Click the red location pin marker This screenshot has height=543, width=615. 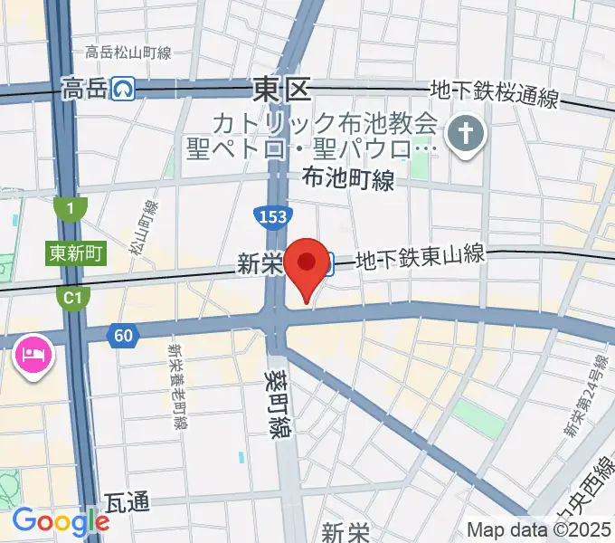click(307, 264)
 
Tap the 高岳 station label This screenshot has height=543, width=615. click(83, 89)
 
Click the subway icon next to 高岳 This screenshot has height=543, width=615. click(124, 89)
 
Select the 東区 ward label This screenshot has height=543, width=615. click(280, 89)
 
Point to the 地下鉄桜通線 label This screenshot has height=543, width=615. click(495, 93)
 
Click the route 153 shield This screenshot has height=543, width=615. click(267, 217)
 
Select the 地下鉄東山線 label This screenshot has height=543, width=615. click(421, 259)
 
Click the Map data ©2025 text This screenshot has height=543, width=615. click(537, 529)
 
